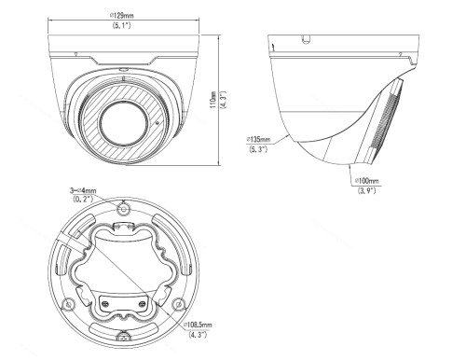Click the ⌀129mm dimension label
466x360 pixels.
pyautogui.click(x=122, y=15)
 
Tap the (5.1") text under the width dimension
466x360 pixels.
pyautogui.click(x=121, y=25)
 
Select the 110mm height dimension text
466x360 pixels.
pyautogui.click(x=213, y=100)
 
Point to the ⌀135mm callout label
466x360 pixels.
pyautogui.click(x=258, y=139)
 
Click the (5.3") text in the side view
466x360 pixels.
pyautogui.click(x=258, y=149)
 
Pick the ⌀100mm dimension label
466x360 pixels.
pyautogui.click(x=367, y=181)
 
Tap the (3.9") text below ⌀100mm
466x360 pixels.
pyautogui.click(x=367, y=190)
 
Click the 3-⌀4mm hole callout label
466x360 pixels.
pyautogui.click(x=83, y=190)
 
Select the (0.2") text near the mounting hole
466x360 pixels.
pyautogui.click(x=83, y=199)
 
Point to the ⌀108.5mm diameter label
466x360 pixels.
pyautogui.click(x=198, y=325)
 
